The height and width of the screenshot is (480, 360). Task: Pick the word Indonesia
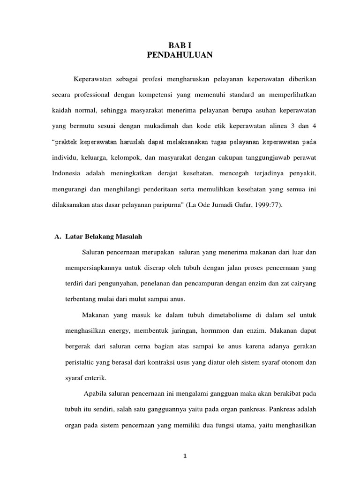67,173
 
